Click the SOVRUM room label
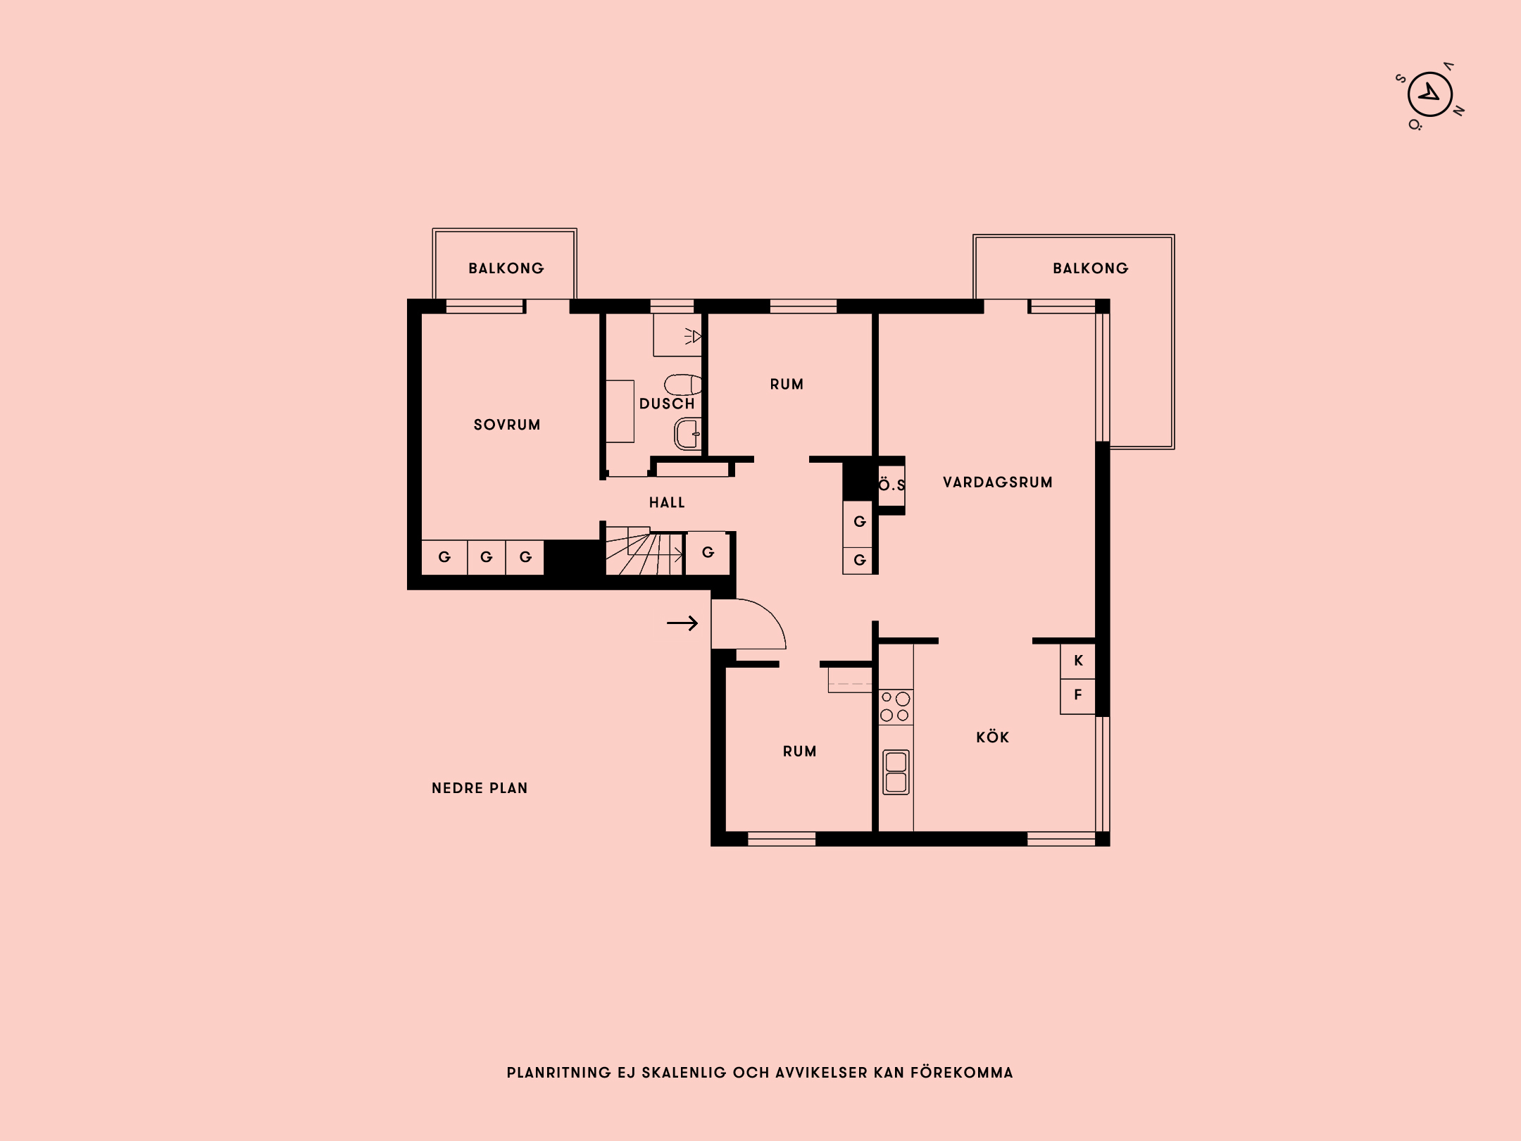point(507,425)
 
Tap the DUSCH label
point(666,404)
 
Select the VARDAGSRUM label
point(997,482)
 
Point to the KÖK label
point(992,737)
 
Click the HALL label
point(667,502)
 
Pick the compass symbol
point(1429,95)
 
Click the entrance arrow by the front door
point(682,623)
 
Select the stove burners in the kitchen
point(895,706)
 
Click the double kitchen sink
point(896,772)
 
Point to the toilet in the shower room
point(682,385)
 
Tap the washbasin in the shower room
point(687,433)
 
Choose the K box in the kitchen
point(1078,661)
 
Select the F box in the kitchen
point(1078,695)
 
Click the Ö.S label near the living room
point(891,485)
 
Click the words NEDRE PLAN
point(480,788)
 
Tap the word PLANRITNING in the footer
point(558,1073)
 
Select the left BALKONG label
point(506,268)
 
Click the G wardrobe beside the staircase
point(708,552)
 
